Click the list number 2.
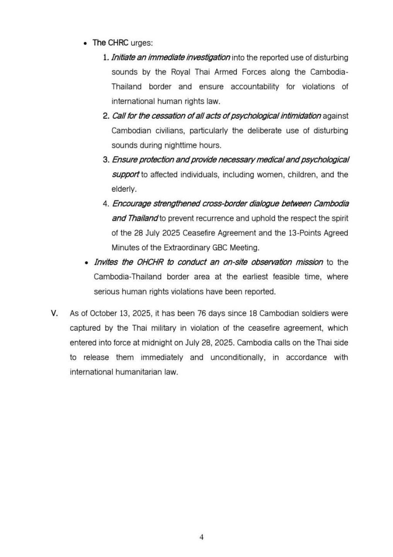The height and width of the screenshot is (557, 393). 106,116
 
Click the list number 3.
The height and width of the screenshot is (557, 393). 106,160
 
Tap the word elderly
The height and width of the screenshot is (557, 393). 124,189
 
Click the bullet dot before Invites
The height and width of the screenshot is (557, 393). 86,262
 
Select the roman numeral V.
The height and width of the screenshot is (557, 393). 55,313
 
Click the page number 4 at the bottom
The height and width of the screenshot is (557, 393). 202,537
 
